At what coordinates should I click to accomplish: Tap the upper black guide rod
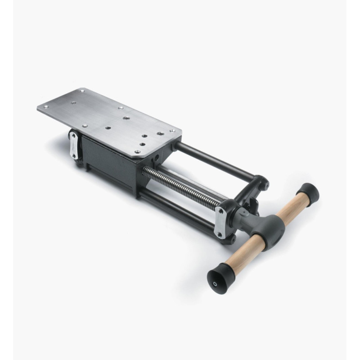(x=211, y=160)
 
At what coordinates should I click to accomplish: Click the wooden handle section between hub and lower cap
(x=241, y=254)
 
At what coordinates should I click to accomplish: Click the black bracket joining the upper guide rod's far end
(x=259, y=184)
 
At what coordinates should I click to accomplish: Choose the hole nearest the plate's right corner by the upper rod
(x=172, y=131)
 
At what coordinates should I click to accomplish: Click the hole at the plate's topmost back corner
(x=82, y=91)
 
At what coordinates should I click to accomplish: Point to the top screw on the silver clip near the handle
(x=221, y=211)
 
